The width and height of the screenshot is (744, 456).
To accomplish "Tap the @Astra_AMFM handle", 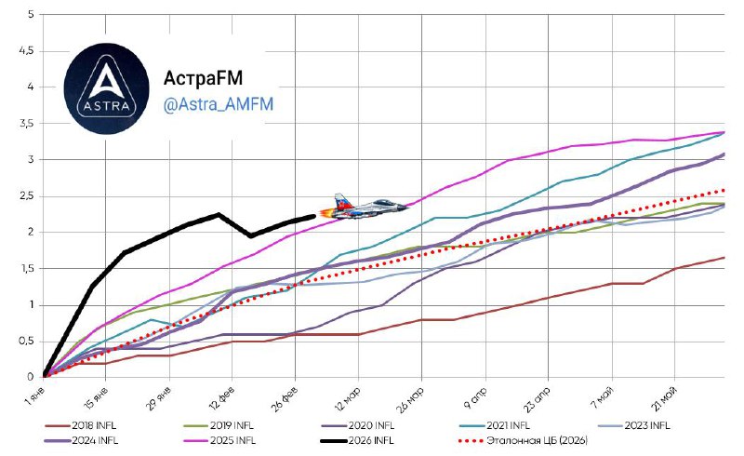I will point(218,105).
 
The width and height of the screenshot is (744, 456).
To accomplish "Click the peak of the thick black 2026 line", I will point(219,215).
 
